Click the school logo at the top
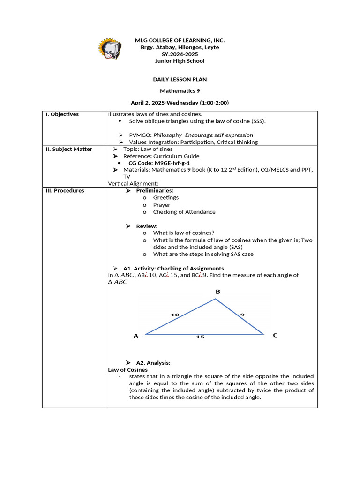(109, 48)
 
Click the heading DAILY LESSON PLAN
(180, 80)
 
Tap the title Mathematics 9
(180, 91)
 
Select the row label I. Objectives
(62, 114)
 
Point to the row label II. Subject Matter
(69, 149)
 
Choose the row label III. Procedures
(65, 191)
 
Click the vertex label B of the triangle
(217, 292)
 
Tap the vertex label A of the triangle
(136, 336)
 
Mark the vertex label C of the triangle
(275, 335)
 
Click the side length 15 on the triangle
(200, 337)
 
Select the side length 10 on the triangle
(175, 315)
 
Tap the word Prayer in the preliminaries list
(162, 205)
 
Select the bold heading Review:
(147, 226)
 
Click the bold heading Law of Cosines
(127, 370)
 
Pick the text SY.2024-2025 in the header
(180, 54)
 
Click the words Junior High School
(180, 61)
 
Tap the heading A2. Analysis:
(153, 363)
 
